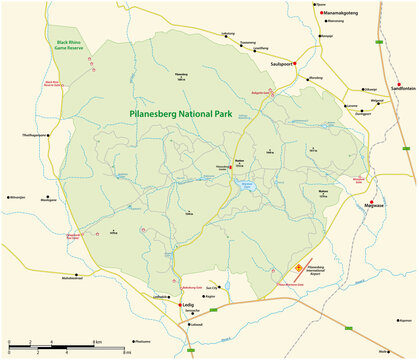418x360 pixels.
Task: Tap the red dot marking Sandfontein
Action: [398, 82]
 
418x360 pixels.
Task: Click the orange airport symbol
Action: [297, 267]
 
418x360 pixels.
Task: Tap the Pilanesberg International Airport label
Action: [322, 271]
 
